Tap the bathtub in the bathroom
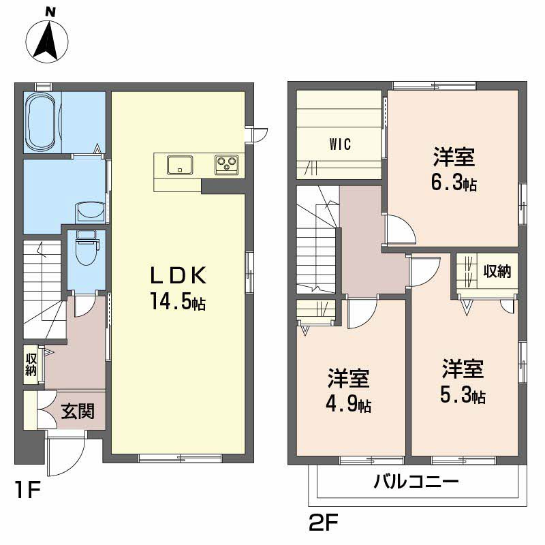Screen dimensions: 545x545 point(43,123)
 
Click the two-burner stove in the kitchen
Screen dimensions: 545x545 point(226,164)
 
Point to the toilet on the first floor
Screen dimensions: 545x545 point(86,250)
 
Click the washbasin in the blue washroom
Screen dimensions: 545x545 point(89,212)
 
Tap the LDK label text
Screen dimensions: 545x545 point(178,276)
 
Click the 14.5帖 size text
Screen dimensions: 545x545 point(178,302)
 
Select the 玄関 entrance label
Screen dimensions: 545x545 point(78,411)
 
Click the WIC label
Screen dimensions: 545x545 point(339,144)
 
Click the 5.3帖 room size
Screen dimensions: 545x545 point(462,395)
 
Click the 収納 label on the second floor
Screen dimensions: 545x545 point(497,272)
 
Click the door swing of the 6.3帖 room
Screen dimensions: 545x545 point(401,230)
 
